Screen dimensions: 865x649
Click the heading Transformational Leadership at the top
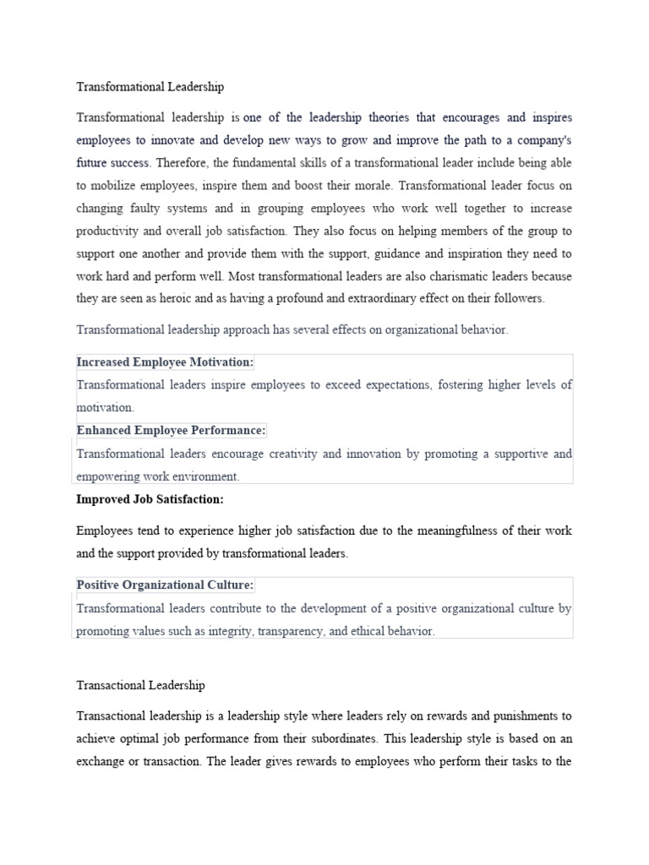click(x=150, y=87)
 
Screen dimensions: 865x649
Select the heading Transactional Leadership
click(x=140, y=685)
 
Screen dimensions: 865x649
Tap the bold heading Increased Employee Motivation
click(x=165, y=362)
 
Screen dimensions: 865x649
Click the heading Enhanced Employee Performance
click(x=171, y=431)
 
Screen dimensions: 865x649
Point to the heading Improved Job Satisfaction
click(x=150, y=499)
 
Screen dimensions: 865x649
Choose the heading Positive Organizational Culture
click(x=165, y=585)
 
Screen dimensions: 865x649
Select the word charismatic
click(x=434, y=275)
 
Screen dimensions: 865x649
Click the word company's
click(x=541, y=139)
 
